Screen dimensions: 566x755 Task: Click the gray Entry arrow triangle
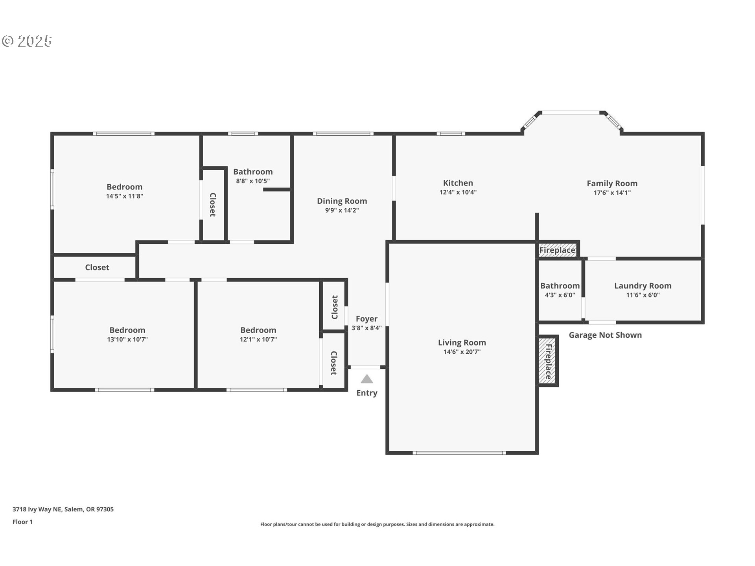366,379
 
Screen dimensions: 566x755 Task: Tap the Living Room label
462,343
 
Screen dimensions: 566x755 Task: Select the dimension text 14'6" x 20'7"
462,352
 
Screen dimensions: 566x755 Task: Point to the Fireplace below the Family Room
557,250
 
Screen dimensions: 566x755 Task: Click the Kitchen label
458,183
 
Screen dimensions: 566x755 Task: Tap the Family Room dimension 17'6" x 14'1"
612,193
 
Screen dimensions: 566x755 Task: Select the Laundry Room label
643,286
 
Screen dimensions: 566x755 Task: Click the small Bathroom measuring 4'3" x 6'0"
560,290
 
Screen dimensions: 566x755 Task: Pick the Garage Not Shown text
605,335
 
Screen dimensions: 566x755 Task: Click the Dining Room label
342,201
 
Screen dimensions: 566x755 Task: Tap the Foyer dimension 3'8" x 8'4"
366,328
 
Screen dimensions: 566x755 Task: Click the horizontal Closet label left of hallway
97,268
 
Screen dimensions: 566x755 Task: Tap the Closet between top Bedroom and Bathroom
213,204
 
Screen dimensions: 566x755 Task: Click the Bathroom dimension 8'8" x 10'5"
252,181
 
